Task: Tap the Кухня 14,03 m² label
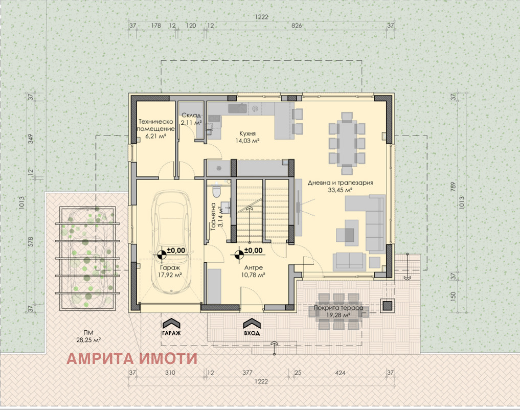[247, 135]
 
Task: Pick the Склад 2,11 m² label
[191, 119]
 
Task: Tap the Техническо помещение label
[157, 129]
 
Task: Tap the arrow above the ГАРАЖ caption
[171, 323]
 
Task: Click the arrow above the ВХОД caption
[251, 323]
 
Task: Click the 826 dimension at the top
[297, 25]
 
